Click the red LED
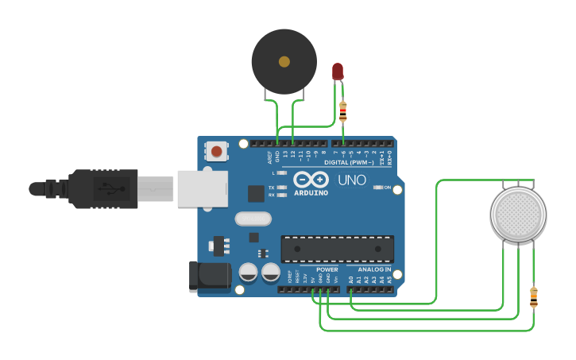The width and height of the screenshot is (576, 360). (338, 72)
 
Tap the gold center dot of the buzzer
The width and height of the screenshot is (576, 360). (284, 60)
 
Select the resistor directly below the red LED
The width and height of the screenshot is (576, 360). (343, 111)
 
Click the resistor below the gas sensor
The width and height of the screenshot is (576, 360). (533, 297)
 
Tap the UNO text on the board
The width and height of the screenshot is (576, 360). (352, 180)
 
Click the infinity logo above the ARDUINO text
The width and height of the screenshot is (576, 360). (311, 180)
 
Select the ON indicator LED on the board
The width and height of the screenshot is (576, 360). (378, 188)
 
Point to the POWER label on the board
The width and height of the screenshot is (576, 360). (327, 269)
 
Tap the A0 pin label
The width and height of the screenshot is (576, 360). (350, 279)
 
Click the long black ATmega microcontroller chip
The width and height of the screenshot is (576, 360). (338, 249)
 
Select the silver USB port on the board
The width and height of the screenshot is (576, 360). (202, 189)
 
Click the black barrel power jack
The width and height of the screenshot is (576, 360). (209, 276)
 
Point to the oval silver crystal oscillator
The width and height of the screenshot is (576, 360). (253, 219)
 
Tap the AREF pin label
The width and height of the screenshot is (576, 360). (269, 157)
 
